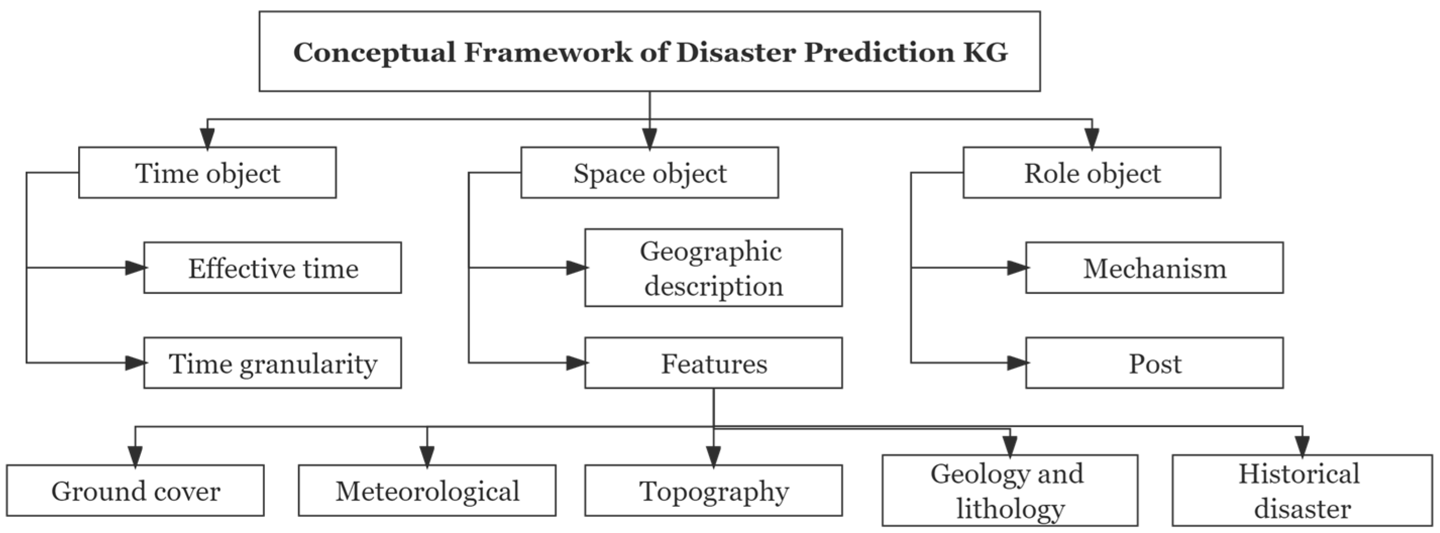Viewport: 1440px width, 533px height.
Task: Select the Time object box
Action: pyautogui.click(x=207, y=172)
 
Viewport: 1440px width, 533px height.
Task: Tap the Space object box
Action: pyautogui.click(x=649, y=172)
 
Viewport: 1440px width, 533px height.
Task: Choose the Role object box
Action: pyautogui.click(x=1092, y=172)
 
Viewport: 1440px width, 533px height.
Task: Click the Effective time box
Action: pyautogui.click(x=272, y=268)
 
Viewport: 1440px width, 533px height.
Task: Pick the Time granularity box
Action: pyautogui.click(x=272, y=363)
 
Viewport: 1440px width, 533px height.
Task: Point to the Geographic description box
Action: pyautogui.click(x=713, y=268)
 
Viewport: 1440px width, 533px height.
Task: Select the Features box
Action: pyautogui.click(x=713, y=363)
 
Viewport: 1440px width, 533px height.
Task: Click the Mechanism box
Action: pyautogui.click(x=1154, y=268)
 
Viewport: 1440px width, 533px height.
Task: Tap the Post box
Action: pyautogui.click(x=1154, y=363)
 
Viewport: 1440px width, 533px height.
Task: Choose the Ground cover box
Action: pyautogui.click(x=135, y=491)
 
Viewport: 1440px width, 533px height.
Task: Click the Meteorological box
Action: pyautogui.click(x=427, y=491)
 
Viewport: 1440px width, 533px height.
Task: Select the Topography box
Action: pyautogui.click(x=713, y=491)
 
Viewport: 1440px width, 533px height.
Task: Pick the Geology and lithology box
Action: pyautogui.click(x=1010, y=491)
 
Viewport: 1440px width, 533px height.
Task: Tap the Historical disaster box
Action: pyautogui.click(x=1302, y=491)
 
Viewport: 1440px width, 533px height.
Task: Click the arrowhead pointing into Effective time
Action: pyautogui.click(x=135, y=268)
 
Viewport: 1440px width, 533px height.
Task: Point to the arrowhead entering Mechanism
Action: pyautogui.click(x=1017, y=268)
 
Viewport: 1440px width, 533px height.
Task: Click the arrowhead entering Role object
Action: pyautogui.click(x=1092, y=138)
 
